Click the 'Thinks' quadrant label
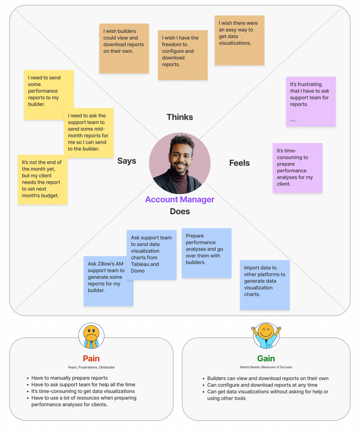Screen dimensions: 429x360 pyautogui.click(x=180, y=117)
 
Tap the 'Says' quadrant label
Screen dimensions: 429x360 pyautogui.click(x=127, y=161)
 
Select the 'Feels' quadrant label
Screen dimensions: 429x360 pyautogui.click(x=239, y=163)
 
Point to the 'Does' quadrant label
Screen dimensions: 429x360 pyautogui.click(x=180, y=211)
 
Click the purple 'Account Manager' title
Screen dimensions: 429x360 pyautogui.click(x=180, y=200)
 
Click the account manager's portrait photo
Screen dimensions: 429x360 pyautogui.click(x=180, y=163)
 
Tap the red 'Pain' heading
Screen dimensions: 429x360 pyautogui.click(x=91, y=358)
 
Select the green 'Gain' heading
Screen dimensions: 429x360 pyautogui.click(x=266, y=358)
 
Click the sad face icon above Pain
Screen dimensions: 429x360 pyautogui.click(x=91, y=335)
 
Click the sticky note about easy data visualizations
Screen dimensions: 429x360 pyautogui.click(x=239, y=40)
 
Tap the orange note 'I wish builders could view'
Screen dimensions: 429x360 pyautogui.click(x=124, y=48)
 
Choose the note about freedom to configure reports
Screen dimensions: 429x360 pyautogui.click(x=182, y=55)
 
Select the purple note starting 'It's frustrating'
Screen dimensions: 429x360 pyautogui.click(x=311, y=101)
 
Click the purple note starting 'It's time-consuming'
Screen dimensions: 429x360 pyautogui.click(x=297, y=168)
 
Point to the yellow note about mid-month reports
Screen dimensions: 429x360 pyautogui.click(x=89, y=133)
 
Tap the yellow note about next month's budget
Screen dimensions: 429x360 pyautogui.click(x=43, y=180)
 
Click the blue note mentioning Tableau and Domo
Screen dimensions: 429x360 pyautogui.click(x=152, y=255)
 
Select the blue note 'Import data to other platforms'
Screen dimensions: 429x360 pyautogui.click(x=265, y=285)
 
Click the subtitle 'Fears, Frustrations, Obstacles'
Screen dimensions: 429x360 pyautogui.click(x=91, y=367)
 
